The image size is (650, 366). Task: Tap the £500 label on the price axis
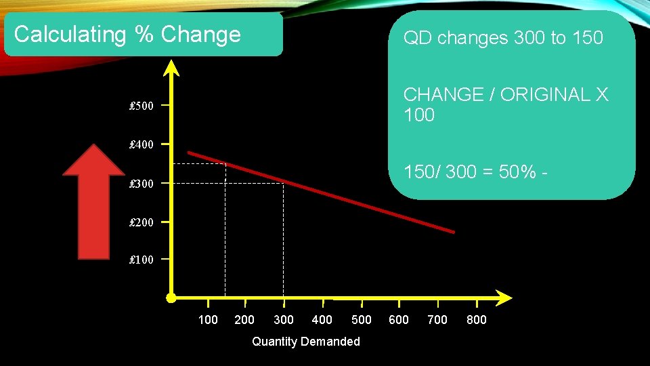tap(142, 106)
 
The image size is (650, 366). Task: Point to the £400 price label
tap(142, 144)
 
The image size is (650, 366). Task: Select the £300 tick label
tap(142, 184)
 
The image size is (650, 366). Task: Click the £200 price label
tap(142, 222)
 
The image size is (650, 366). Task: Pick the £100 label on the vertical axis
tap(142, 260)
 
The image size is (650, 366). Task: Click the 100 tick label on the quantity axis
tap(208, 319)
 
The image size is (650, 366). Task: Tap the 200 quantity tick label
tap(244, 319)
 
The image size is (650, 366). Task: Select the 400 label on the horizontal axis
tap(322, 319)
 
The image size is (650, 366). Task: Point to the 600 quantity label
tap(399, 319)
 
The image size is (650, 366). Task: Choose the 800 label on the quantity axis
tap(477, 319)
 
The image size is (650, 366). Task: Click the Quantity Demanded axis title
tap(305, 342)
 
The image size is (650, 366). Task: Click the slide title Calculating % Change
tap(127, 35)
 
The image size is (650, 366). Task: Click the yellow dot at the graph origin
tap(171, 298)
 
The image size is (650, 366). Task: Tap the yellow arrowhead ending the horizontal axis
tap(503, 298)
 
